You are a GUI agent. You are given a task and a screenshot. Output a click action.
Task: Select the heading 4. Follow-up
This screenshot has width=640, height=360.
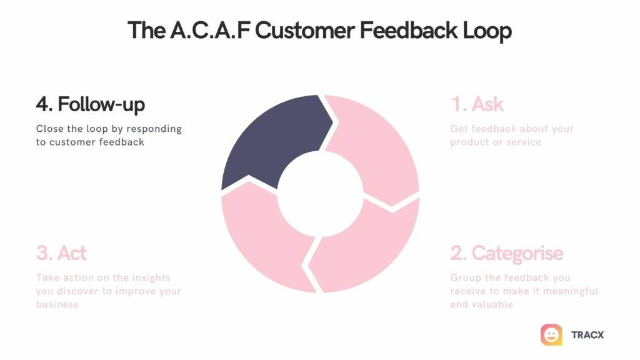tap(90, 104)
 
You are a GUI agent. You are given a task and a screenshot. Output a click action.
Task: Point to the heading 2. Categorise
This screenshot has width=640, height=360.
tap(506, 253)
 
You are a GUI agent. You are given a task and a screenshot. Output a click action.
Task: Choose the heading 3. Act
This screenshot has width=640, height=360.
tap(61, 253)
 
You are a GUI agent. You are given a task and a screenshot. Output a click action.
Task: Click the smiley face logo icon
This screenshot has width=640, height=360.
tap(551, 335)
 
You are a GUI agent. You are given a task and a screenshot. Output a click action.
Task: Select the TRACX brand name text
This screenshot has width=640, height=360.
tap(587, 335)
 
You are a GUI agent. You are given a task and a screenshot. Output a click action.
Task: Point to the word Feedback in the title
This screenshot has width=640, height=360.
tap(396, 30)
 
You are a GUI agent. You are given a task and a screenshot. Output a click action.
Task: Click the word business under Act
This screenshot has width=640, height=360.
tap(57, 304)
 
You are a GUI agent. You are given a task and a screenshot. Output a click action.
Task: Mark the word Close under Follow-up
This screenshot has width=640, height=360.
tap(49, 129)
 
